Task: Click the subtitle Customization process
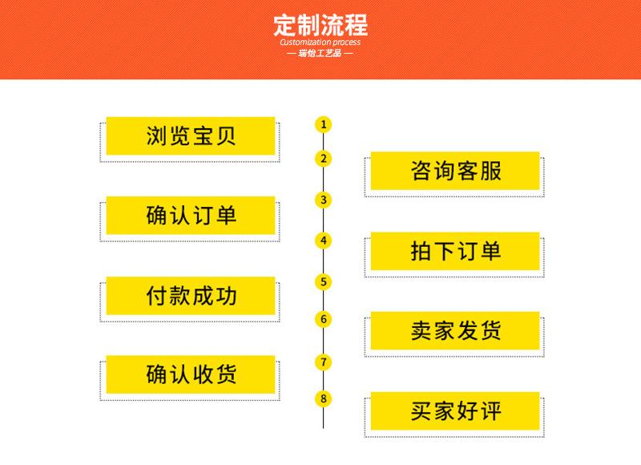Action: pos(320,42)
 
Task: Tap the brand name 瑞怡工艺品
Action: pos(320,54)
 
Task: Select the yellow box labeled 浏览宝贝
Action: pos(191,135)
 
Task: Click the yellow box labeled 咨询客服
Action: pos(455,171)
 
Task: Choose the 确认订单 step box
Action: pos(191,215)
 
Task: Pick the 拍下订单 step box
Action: pos(455,250)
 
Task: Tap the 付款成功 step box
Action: pos(191,296)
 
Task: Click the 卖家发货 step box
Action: pos(455,330)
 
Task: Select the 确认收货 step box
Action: pos(191,374)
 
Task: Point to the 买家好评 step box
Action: pos(455,410)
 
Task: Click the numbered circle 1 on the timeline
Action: pos(323,124)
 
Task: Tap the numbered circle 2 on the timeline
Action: pos(323,158)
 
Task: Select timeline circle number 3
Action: pos(323,200)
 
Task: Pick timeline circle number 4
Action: pos(323,240)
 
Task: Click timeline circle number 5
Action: pos(323,281)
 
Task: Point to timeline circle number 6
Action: pos(323,319)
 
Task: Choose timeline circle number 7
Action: pos(323,362)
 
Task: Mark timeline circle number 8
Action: pos(323,398)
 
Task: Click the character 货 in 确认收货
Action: pos(226,374)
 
